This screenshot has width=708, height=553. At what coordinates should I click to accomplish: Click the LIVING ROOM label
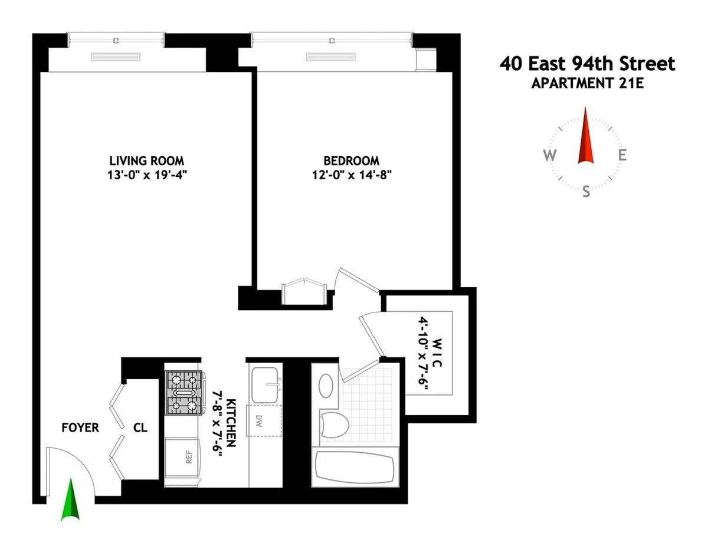146,160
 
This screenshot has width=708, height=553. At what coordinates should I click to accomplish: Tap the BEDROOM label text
351,160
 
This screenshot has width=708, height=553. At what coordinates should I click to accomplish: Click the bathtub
355,467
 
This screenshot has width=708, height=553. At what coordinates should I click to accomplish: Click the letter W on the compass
549,156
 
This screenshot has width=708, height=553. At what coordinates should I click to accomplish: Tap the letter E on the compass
622,156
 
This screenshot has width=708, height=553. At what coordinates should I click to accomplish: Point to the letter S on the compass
586,192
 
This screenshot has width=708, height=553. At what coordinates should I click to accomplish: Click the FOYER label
80,428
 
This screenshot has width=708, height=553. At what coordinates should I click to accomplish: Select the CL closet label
140,428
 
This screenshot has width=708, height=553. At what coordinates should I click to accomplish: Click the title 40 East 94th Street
587,64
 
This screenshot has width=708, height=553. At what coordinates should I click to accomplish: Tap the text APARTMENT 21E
587,83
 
